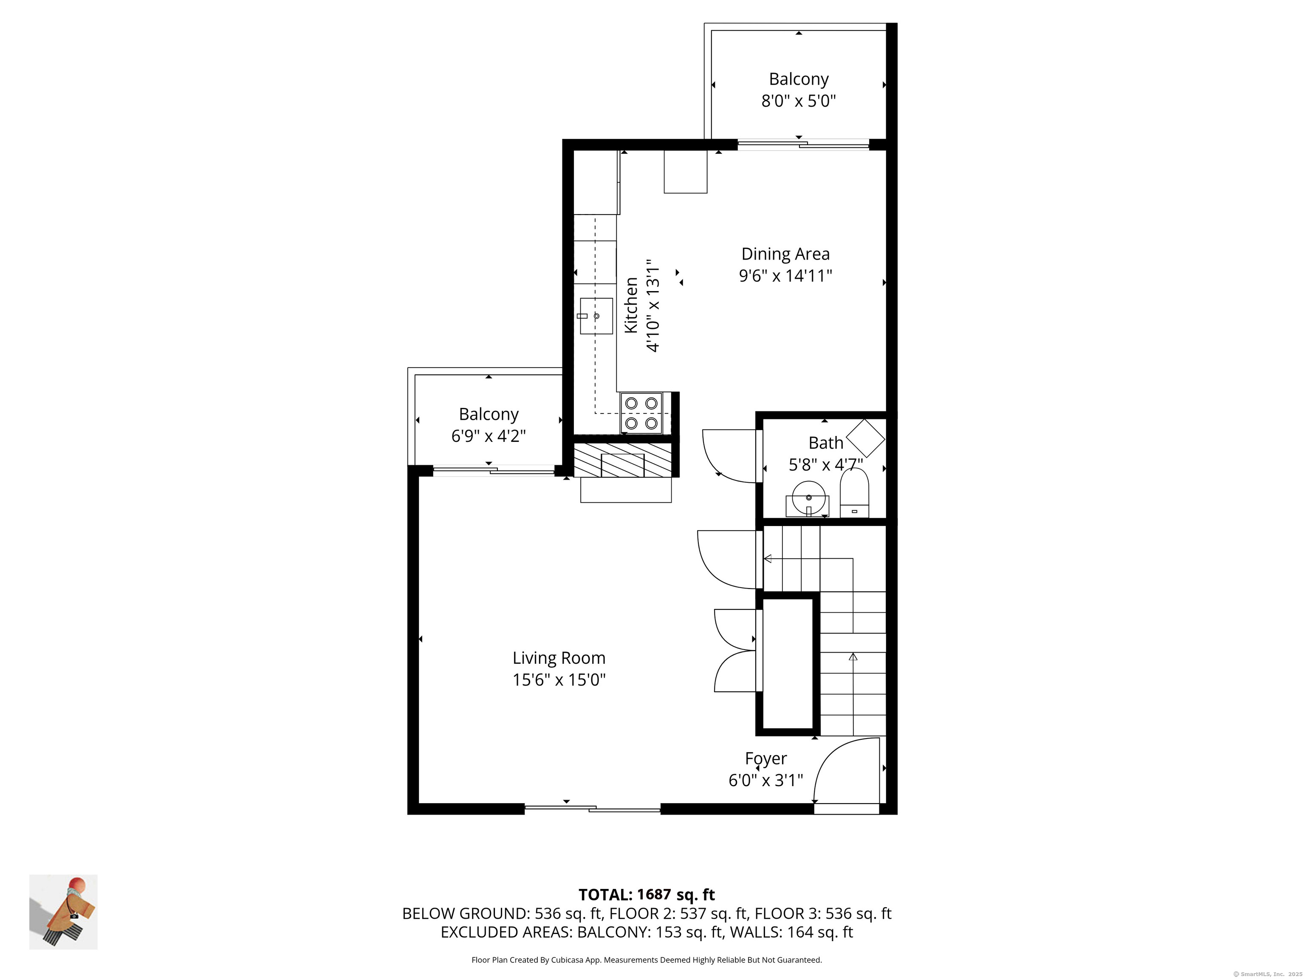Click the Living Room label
tap(558, 657)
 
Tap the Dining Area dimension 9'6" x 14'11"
tap(785, 276)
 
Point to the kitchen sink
tap(596, 316)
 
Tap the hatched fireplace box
tap(622, 460)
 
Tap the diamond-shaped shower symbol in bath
tap(865, 438)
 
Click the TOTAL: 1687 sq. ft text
tap(646, 894)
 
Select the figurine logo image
tap(63, 912)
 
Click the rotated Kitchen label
tap(631, 305)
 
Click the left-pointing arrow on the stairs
tap(768, 558)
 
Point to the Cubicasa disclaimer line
tap(646, 960)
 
